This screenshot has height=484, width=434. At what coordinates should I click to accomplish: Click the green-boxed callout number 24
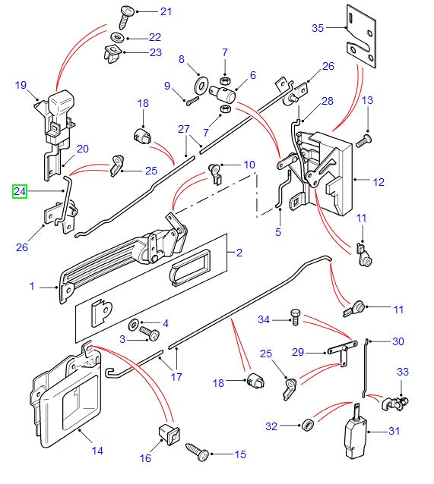tap(19, 192)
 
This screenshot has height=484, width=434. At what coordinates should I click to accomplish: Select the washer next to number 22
tap(118, 36)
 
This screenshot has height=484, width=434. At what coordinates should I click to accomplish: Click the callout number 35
tap(318, 28)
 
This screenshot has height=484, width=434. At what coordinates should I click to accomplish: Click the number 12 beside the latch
tap(379, 181)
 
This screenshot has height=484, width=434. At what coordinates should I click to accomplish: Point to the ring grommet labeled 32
tap(309, 423)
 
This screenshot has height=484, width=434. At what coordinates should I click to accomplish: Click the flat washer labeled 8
tap(202, 80)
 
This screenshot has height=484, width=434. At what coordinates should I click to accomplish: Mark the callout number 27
tap(182, 130)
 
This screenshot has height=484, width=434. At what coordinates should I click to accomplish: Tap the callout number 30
tap(398, 341)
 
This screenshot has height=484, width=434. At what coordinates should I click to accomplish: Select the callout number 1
tap(33, 286)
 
